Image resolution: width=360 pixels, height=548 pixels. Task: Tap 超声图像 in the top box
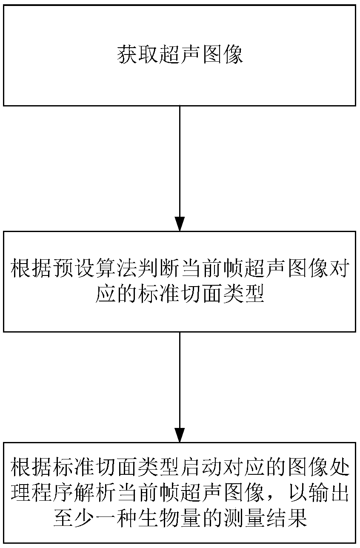click(x=201, y=55)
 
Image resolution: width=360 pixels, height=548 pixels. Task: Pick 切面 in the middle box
click(x=190, y=294)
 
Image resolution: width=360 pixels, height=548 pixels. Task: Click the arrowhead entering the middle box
click(x=180, y=224)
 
